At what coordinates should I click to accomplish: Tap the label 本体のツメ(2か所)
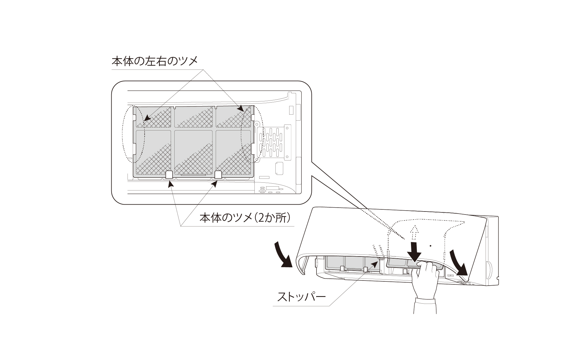pos(245,217)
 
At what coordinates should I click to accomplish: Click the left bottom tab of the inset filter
pos(169,175)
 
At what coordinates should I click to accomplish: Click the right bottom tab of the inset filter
pos(218,175)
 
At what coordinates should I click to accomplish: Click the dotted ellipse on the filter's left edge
pos(133,134)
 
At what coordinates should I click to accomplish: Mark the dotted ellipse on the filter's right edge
pos(252,134)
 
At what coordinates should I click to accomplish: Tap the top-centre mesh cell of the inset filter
pos(193,117)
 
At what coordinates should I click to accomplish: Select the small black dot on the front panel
pos(430,246)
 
